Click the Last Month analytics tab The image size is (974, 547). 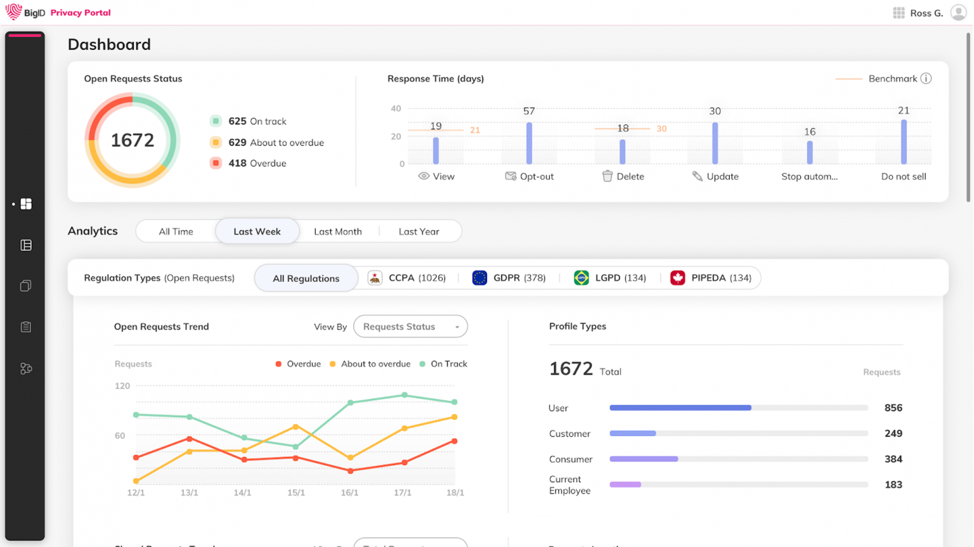pos(337,231)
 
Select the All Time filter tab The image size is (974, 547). pos(176,231)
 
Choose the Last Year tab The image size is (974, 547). pos(419,231)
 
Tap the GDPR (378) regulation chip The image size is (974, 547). pos(509,278)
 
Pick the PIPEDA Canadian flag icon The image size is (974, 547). pos(677,278)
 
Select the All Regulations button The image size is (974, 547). pos(306,278)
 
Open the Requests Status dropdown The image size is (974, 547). pos(410,326)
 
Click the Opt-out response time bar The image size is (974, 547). pos(529,143)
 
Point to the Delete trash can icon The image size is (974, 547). pos(607,176)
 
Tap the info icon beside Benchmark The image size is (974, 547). pos(926,79)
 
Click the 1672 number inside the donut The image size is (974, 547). pos(133,140)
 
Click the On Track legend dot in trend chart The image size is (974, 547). pos(422,364)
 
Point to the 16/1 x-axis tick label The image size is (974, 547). pos(349,492)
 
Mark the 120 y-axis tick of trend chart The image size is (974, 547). pos(122,385)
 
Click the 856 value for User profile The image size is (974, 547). pos(893,408)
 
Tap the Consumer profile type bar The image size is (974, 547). pos(644,459)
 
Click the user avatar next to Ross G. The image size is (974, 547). pos(958,13)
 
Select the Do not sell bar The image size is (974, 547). pos(904,143)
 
